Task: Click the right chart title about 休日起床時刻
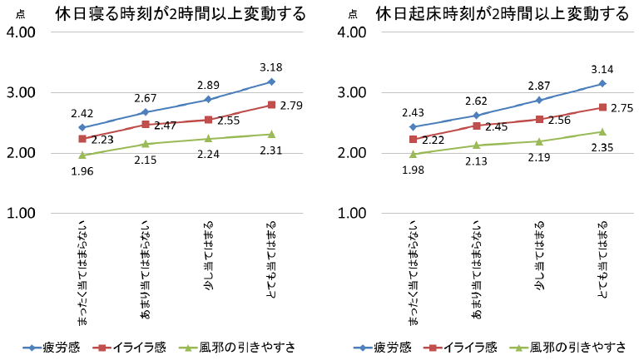(502, 14)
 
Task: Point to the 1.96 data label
(82, 171)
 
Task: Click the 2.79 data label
(292, 106)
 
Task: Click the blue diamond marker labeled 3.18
(272, 81)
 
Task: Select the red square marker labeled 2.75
(602, 107)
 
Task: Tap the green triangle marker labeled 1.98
(414, 154)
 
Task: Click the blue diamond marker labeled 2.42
(82, 127)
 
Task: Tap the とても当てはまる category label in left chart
(272, 254)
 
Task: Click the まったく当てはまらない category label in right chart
(414, 270)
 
